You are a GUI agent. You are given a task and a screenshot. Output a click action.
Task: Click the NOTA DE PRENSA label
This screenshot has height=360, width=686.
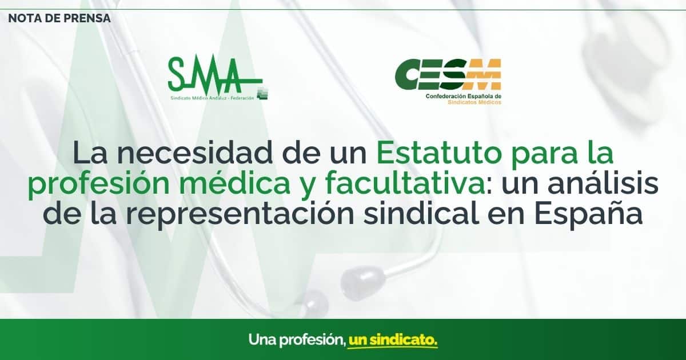tap(59, 18)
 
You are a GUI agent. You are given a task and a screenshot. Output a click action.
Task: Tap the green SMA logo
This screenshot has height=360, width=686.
tap(216, 76)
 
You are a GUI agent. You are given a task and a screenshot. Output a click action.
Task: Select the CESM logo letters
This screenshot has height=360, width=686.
tap(448, 74)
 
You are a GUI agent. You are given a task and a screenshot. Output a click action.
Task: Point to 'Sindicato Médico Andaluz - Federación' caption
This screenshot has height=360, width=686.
tap(213, 98)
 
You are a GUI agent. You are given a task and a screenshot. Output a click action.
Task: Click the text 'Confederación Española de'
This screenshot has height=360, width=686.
tap(464, 97)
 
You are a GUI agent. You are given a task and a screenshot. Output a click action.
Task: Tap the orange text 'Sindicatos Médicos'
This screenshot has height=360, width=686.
tap(474, 102)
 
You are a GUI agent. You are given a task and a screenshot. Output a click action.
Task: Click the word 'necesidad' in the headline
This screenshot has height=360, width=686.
tap(195, 153)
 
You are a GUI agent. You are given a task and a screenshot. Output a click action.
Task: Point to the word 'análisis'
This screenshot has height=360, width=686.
tap(603, 183)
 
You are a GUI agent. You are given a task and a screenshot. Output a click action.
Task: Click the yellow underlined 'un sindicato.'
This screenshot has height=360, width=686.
tap(393, 341)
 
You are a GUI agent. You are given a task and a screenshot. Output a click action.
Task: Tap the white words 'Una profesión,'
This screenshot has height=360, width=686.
tap(297, 341)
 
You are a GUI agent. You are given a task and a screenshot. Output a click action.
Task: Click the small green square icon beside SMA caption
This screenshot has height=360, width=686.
tap(262, 94)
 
